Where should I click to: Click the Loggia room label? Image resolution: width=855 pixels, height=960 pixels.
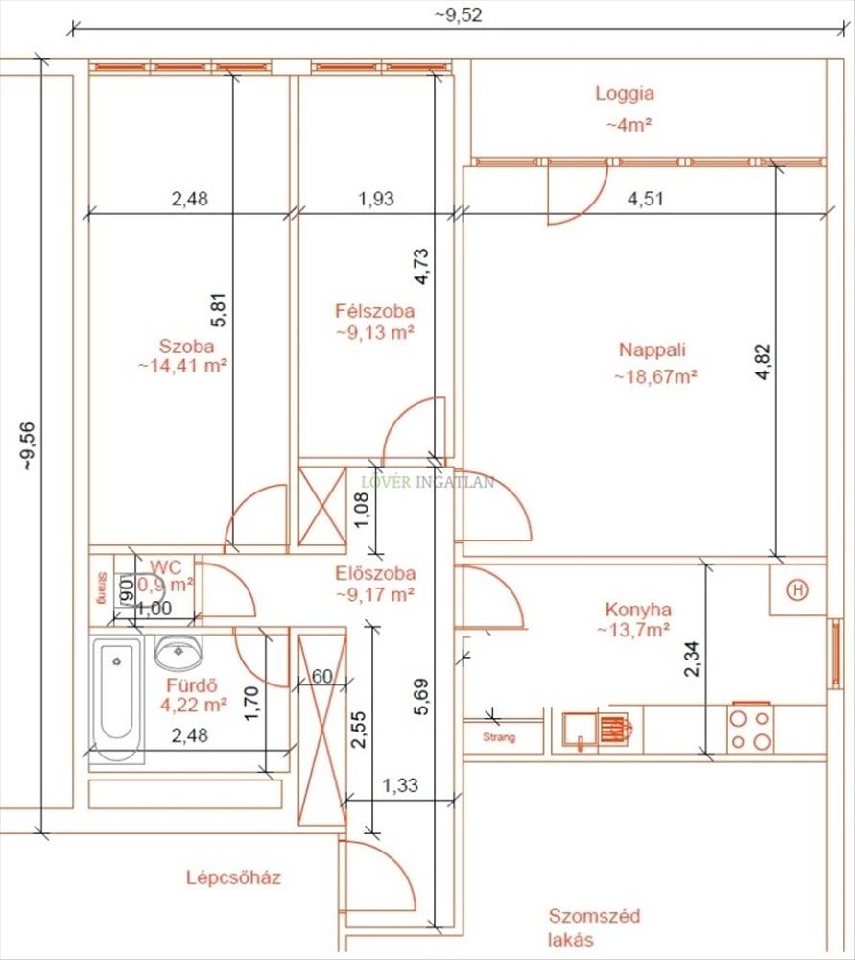coord(625,94)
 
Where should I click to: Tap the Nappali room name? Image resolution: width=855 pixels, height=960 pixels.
coord(653,350)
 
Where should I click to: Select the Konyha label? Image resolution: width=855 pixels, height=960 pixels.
coord(638,610)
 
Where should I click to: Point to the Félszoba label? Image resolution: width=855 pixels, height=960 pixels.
coord(374,311)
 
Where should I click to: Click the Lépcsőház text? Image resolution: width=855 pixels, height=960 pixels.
coord(234,877)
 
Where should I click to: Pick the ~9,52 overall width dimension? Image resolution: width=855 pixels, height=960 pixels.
coord(459,14)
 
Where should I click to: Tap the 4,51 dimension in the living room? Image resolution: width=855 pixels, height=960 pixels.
coord(646,199)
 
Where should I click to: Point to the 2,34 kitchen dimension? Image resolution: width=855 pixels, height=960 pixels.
coord(692,659)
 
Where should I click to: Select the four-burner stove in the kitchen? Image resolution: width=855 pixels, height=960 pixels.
coord(750,729)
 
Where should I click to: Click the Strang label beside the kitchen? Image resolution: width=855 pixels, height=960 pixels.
coord(499,737)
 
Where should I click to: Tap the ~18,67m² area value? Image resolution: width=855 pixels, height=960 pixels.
coord(656,376)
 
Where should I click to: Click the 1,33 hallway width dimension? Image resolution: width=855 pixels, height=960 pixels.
coord(400,785)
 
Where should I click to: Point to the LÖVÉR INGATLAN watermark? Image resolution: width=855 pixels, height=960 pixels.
coord(427,482)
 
